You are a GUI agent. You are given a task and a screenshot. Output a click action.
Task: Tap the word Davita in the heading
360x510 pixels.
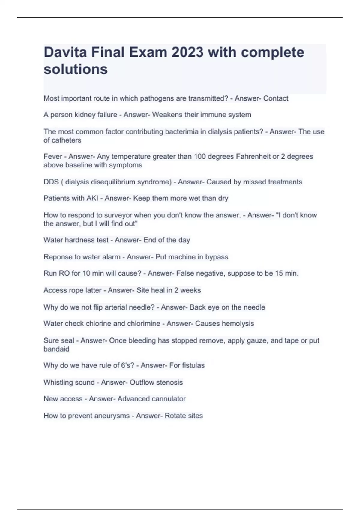[x=65, y=52]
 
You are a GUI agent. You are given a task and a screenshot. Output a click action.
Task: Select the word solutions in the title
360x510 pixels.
[x=76, y=69]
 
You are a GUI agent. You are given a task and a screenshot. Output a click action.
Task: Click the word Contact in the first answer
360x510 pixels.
[x=276, y=98]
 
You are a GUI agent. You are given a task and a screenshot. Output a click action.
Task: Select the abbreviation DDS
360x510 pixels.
[x=51, y=182]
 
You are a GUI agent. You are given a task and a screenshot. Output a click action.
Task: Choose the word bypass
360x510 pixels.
[x=217, y=257]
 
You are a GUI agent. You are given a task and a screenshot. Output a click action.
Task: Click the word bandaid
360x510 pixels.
[x=56, y=349]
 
